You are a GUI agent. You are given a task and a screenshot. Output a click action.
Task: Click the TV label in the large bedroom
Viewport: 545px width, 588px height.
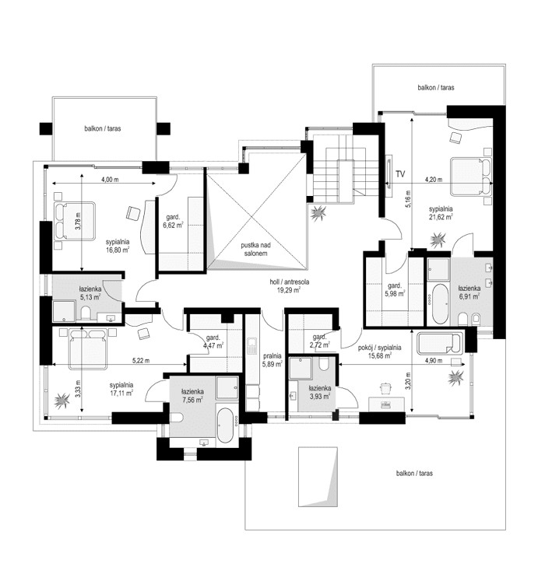click(400, 173)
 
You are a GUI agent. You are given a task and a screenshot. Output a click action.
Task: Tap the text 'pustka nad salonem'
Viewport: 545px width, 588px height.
click(254, 249)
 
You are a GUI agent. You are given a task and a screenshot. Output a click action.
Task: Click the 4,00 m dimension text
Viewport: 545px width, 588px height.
click(110, 180)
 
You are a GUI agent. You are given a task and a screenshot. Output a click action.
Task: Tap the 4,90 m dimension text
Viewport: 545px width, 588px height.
click(433, 360)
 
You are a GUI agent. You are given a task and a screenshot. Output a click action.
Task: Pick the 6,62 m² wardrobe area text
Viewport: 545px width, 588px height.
click(173, 224)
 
